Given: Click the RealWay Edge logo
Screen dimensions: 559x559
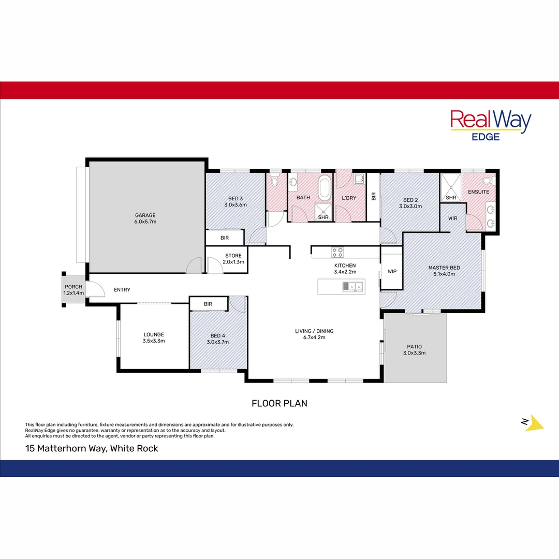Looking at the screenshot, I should pos(490,125).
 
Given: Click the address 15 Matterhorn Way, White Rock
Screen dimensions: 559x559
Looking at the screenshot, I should pos(92,449).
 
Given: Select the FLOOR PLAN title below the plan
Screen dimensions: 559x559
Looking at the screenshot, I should pos(279,403).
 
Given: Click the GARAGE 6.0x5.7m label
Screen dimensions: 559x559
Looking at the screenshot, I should pos(145,218).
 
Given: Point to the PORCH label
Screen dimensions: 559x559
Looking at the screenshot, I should pos(73,290).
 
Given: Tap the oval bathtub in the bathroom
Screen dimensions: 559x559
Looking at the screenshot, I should pos(325,188).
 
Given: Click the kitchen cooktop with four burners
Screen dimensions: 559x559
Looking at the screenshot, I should pos(337,252).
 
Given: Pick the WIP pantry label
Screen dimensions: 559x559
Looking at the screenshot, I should pos(392,271).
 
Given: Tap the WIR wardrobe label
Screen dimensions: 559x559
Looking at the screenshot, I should pos(452,218).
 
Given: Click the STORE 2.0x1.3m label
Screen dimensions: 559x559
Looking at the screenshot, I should pos(233,259).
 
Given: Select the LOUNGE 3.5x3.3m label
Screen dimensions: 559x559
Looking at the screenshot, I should pos(154,337).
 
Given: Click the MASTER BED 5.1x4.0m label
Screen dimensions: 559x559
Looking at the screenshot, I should pos(444,271).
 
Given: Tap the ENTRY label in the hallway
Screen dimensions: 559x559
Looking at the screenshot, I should pos(122,290).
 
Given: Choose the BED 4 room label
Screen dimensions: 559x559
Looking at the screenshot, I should pos(217,338).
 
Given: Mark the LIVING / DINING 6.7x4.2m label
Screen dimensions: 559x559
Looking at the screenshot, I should pos(314,334).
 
